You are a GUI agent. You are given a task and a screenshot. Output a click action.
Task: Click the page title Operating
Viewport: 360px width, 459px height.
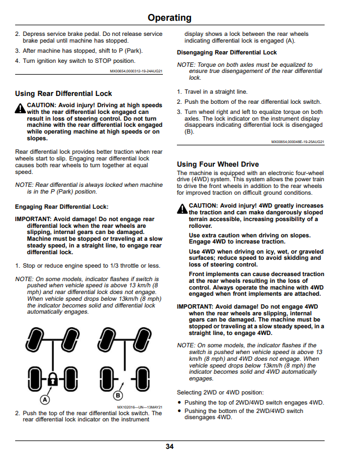(x=170, y=18)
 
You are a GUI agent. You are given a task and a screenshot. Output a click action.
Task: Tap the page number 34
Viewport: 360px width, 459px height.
(x=170, y=447)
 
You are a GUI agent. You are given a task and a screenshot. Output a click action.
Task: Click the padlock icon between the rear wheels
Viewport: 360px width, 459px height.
(x=52, y=379)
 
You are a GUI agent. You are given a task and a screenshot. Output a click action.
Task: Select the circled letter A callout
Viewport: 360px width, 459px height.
(x=45, y=400)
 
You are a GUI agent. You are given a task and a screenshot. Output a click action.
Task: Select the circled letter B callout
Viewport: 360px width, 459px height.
(x=118, y=396)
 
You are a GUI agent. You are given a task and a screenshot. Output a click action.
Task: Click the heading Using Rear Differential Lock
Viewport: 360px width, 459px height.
(x=63, y=94)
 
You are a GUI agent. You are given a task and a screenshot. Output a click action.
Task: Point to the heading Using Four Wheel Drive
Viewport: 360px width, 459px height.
(x=218, y=164)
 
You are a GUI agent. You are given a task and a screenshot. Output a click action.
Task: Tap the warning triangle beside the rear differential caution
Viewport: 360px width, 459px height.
(x=20, y=108)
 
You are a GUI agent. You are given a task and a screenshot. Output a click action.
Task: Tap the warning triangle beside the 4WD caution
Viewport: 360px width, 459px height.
(x=182, y=209)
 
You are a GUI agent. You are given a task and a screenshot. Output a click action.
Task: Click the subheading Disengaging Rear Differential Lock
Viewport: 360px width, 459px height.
(x=227, y=53)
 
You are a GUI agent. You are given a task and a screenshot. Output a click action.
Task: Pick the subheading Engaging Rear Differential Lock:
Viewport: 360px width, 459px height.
(x=62, y=207)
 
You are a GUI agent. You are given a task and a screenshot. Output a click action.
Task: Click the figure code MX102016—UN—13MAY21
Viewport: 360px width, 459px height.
(x=140, y=407)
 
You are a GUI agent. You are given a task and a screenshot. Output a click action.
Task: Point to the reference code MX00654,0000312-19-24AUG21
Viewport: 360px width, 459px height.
(x=136, y=71)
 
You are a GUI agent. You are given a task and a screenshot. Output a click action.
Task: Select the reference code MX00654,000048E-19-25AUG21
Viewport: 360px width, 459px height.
(x=298, y=142)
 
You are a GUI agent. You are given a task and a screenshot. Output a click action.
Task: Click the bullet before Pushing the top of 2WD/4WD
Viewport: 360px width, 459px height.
(x=180, y=403)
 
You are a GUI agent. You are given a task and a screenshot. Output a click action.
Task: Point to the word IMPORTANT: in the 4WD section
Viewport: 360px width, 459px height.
(x=195, y=307)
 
